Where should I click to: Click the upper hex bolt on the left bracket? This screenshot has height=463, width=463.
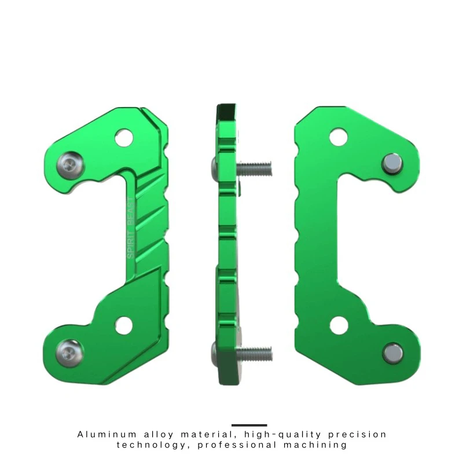coord(70,166)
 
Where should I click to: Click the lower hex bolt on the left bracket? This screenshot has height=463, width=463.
coord(69,353)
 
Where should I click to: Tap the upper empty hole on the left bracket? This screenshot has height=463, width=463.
coord(124,138)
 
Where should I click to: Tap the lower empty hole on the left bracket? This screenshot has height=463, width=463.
coord(124,325)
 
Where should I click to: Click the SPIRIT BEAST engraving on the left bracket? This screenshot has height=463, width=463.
coord(131,227)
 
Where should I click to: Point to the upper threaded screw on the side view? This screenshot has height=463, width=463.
coord(254,168)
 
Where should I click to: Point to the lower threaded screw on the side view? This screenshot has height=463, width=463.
coord(254,354)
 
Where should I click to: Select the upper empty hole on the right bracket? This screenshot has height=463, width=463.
coord(338,137)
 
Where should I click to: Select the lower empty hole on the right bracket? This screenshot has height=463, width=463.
coord(339,325)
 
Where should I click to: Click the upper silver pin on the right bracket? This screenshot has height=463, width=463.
coord(392,164)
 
